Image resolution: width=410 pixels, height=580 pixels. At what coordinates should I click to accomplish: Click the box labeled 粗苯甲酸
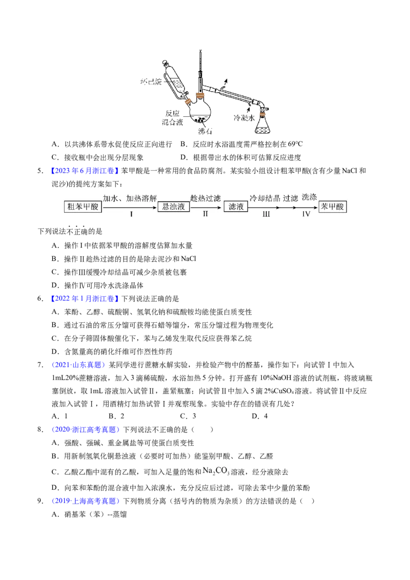[x=83, y=206]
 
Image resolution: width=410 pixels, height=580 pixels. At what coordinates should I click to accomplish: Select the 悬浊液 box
[x=174, y=206]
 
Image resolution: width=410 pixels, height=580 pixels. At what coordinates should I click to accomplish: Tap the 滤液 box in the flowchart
[x=236, y=206]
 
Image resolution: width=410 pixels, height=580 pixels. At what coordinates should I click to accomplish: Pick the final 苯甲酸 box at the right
[x=333, y=206]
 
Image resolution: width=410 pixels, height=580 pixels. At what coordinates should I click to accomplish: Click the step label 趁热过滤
[x=205, y=198]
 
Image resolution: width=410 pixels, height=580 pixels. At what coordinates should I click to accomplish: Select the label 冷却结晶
[x=264, y=198]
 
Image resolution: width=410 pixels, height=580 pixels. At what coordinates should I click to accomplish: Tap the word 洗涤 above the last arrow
[x=310, y=197]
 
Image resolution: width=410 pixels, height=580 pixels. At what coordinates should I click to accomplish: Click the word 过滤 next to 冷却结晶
[x=291, y=198]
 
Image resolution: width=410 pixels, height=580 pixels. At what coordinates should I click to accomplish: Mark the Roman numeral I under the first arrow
[x=131, y=215]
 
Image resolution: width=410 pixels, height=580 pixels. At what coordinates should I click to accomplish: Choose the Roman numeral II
[x=205, y=214]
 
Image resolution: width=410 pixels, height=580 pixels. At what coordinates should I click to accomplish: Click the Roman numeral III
[x=266, y=215]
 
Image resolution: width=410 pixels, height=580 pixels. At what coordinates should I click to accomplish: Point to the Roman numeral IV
[x=306, y=215]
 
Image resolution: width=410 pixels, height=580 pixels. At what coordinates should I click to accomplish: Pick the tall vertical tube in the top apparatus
[x=199, y=69]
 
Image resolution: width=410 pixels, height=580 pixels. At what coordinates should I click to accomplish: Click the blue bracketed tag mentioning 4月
[x=84, y=170]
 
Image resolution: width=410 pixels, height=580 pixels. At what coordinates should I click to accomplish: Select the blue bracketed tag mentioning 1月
[x=84, y=298]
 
